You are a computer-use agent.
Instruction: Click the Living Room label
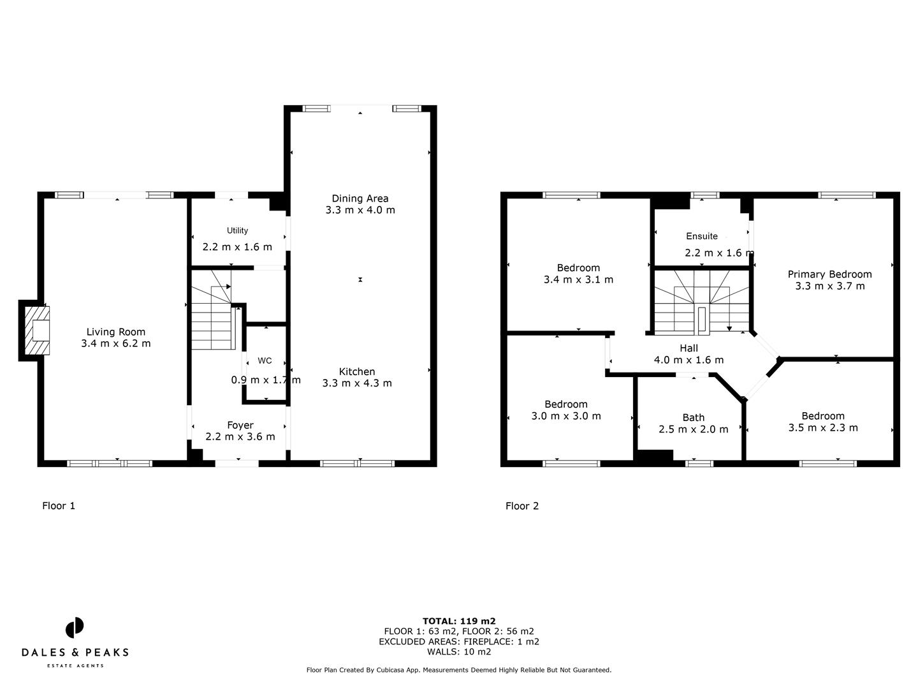[x=116, y=332]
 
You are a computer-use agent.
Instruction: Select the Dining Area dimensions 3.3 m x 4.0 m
[x=360, y=210]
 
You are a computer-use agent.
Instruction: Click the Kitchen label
[x=357, y=371]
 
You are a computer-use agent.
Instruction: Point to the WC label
[x=265, y=360]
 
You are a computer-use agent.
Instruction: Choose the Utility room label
[x=237, y=230]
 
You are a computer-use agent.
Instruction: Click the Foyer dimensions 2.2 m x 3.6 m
[x=240, y=437]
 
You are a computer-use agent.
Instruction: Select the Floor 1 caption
[x=59, y=506]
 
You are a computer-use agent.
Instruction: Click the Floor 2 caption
[x=522, y=506]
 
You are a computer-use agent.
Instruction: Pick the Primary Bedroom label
[x=829, y=274]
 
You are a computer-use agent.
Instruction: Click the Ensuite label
[x=702, y=236]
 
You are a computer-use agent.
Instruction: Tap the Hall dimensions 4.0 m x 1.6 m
[x=688, y=360]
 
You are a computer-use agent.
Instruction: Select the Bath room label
[x=694, y=418]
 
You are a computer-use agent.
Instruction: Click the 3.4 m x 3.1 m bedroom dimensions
[x=578, y=279]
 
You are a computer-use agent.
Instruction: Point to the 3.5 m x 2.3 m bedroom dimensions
[x=823, y=427]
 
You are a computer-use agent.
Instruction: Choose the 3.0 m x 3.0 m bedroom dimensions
[x=566, y=416]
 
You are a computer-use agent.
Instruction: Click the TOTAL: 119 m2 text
[x=459, y=621]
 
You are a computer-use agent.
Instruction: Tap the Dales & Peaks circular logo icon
[x=75, y=627]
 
